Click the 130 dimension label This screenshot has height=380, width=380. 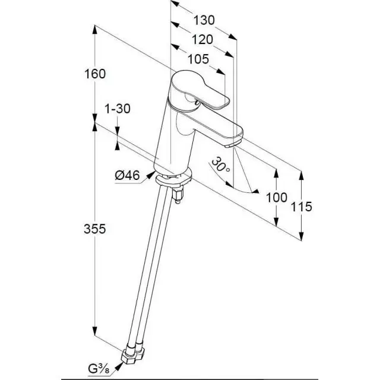pyautogui.click(x=204, y=20)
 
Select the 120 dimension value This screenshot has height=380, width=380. pyautogui.click(x=202, y=40)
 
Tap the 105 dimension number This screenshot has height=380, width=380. pyautogui.click(x=198, y=59)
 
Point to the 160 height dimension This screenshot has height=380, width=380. pyautogui.click(x=95, y=74)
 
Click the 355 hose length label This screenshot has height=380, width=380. pyautogui.click(x=95, y=229)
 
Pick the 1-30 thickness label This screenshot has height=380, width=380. pyautogui.click(x=118, y=109)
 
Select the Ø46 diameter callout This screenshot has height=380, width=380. pyautogui.click(x=128, y=175)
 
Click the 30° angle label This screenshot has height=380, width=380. pyautogui.click(x=220, y=165)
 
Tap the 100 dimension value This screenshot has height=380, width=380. pyautogui.click(x=277, y=197)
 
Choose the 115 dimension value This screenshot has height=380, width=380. pyautogui.click(x=301, y=207)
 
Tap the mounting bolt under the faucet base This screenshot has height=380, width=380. pyautogui.click(x=178, y=196)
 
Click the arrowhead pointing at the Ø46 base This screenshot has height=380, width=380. pyautogui.click(x=151, y=175)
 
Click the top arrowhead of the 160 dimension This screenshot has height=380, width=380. pyautogui.click(x=95, y=30)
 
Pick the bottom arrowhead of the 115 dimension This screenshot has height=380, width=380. pyautogui.click(x=301, y=236)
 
